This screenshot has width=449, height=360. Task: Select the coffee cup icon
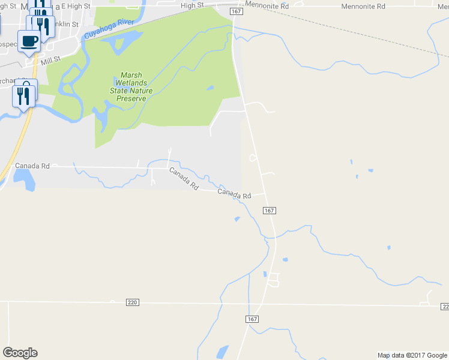click(x=29, y=41)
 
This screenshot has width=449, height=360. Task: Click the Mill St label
click(x=52, y=59)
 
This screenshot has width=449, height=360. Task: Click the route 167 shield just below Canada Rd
click(x=269, y=211)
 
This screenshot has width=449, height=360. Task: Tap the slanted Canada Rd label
click(x=184, y=179)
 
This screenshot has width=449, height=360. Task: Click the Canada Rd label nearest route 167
click(x=234, y=194)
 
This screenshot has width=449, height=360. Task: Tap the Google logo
click(x=20, y=353)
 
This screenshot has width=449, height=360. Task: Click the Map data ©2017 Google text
click(x=412, y=355)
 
